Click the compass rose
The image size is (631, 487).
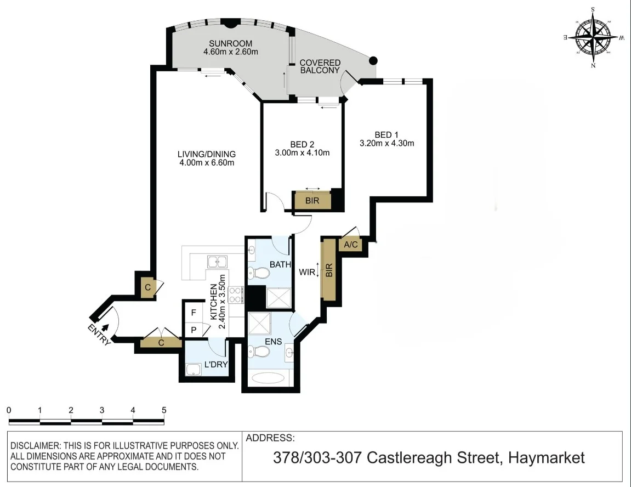(x=594, y=37)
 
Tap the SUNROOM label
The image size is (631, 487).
(x=230, y=43)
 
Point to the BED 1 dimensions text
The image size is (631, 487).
(x=386, y=144)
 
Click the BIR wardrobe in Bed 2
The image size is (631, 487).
(x=312, y=201)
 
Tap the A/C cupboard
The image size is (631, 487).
(x=350, y=245)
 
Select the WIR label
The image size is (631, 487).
(x=306, y=271)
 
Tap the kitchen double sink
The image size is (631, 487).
(x=217, y=262)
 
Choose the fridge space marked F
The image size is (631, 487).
(x=193, y=313)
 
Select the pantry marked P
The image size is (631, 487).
(x=193, y=330)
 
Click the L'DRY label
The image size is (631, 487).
(x=215, y=364)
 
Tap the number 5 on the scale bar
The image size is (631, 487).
(x=164, y=410)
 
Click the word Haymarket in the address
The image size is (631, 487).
(x=547, y=457)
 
